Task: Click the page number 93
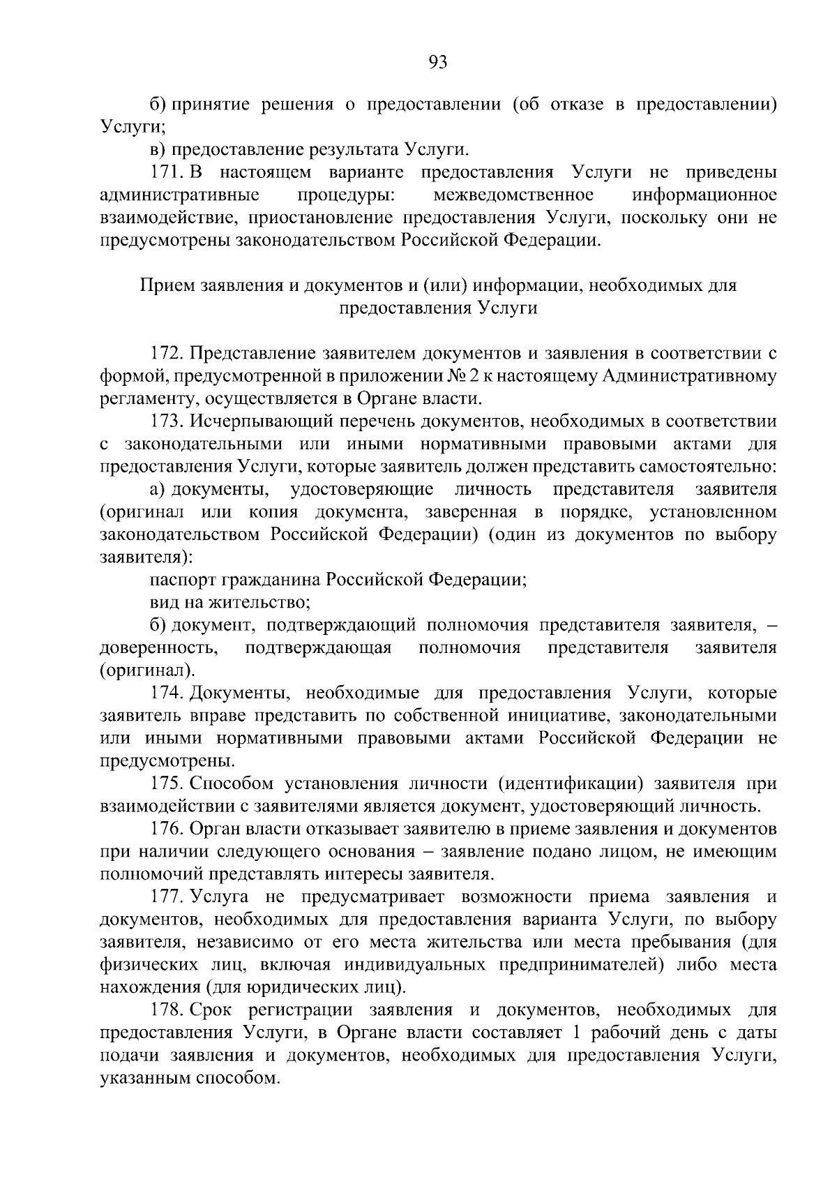click(437, 63)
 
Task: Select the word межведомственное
click(513, 195)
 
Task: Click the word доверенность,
click(160, 648)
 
